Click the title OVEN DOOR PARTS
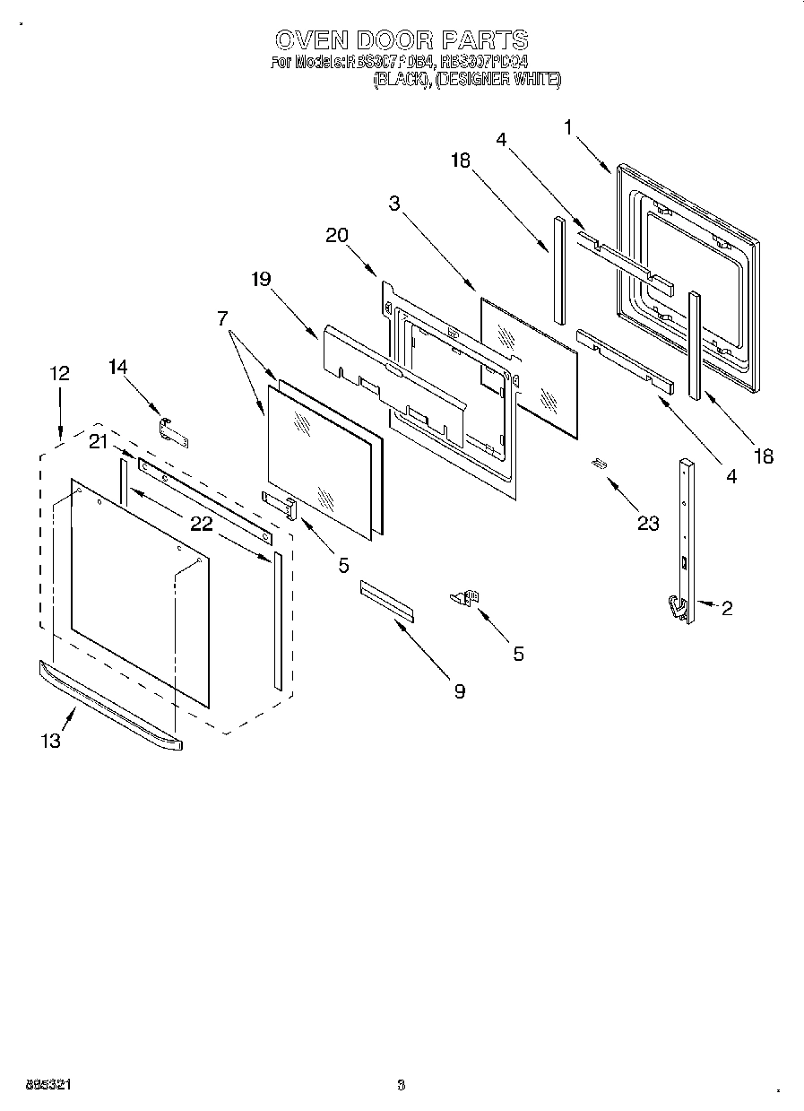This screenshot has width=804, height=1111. [x=401, y=40]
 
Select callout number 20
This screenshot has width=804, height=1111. [x=337, y=235]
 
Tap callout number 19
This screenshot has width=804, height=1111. [x=261, y=279]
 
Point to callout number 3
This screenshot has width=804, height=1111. [x=394, y=203]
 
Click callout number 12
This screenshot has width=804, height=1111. [x=59, y=373]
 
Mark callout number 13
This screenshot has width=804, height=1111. [x=51, y=741]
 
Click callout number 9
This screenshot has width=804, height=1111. [x=459, y=691]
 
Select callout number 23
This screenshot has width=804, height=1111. [x=647, y=523]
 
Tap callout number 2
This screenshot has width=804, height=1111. [x=726, y=609]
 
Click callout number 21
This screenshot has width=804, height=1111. [x=99, y=441]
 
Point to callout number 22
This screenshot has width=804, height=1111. [x=201, y=524]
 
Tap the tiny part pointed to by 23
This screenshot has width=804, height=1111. [x=599, y=463]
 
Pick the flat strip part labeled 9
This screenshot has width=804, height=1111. [x=388, y=599]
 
